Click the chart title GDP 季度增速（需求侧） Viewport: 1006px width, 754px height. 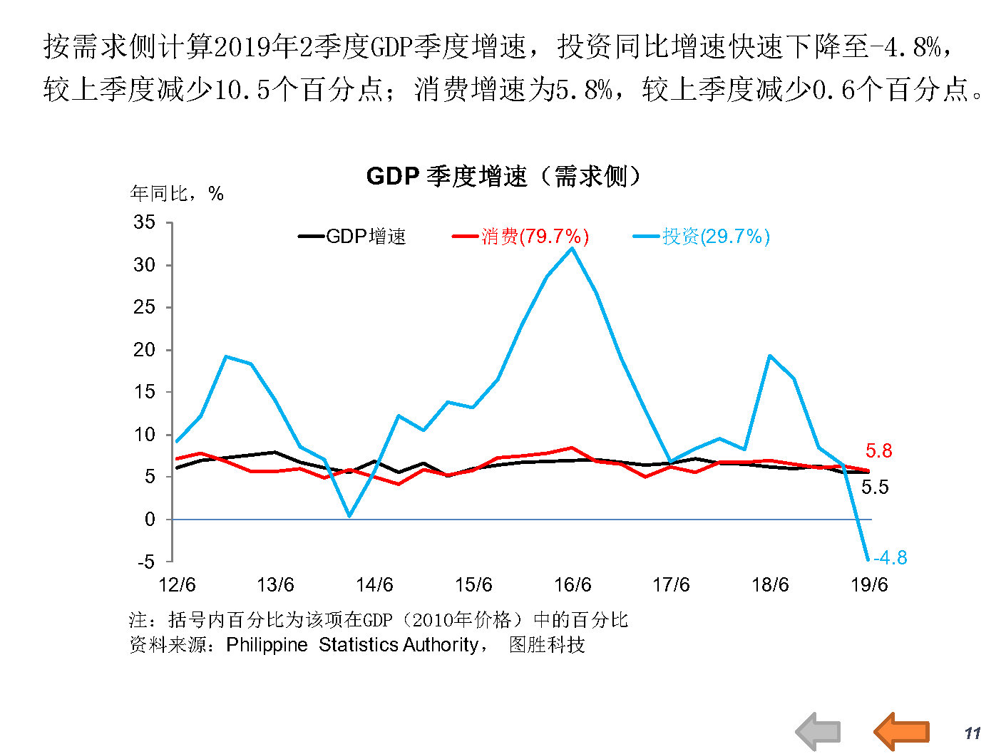(x=503, y=176)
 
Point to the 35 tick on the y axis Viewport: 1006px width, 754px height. (x=145, y=222)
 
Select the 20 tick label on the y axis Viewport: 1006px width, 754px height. (x=145, y=350)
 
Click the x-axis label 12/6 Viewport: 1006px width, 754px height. (x=177, y=585)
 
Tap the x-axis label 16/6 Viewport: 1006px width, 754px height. (x=573, y=585)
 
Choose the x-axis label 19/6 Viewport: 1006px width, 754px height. (x=869, y=585)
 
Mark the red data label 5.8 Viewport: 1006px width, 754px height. (x=878, y=450)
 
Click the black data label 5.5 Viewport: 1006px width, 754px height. (x=875, y=487)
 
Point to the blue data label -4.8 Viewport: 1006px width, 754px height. (x=890, y=557)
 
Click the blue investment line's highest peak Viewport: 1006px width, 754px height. (x=572, y=248)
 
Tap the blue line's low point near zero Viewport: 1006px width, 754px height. (x=349, y=515)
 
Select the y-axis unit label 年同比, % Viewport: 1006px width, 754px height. (x=177, y=193)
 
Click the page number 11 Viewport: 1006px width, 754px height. (x=972, y=733)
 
